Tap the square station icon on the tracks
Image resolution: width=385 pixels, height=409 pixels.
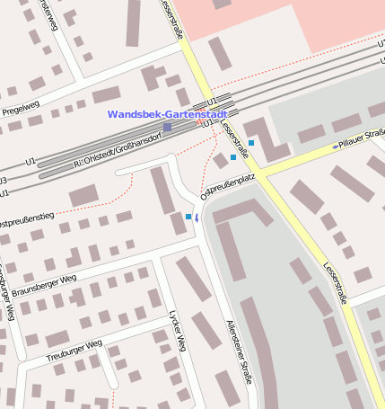tap(167, 128)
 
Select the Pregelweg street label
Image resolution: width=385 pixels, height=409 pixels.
tap(21, 108)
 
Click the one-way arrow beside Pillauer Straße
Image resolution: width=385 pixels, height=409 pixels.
tap(335, 145)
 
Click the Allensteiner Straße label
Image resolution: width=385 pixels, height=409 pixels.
tap(237, 351)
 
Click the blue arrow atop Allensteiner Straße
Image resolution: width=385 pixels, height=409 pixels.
tap(197, 218)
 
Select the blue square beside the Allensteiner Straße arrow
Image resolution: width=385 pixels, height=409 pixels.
tap(188, 217)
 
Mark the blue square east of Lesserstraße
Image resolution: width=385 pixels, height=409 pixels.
tap(252, 142)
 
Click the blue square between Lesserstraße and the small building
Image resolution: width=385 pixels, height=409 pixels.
tap(233, 157)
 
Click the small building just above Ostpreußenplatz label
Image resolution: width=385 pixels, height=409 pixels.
tap(220, 161)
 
